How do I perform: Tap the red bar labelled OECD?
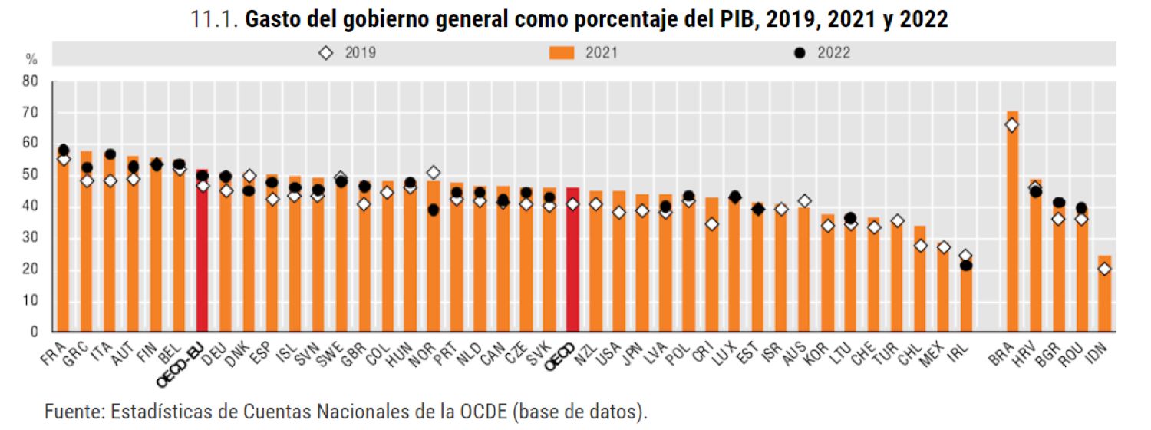572,260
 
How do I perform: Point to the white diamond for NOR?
434,173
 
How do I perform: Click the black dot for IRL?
966,266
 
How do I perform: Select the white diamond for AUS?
804,201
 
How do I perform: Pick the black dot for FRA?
64,150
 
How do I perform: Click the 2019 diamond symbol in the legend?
325,53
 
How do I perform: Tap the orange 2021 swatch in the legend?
562,53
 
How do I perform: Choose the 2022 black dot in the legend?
799,53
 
